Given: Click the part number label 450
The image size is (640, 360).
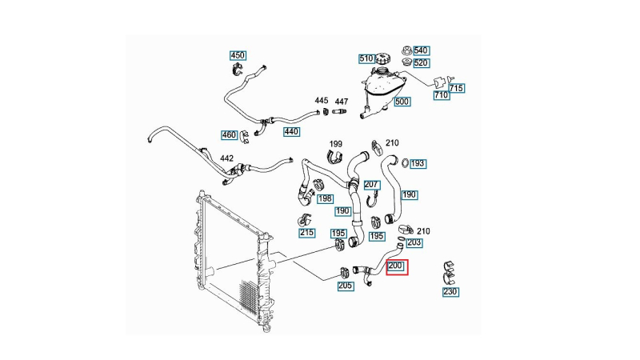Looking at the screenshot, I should pos(238,55).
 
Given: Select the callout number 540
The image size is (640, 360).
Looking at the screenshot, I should pos(421,50).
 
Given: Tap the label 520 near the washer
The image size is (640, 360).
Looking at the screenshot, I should pos(421,63).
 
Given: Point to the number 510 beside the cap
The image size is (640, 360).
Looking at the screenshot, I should pos(366,58).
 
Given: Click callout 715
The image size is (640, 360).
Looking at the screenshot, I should pos(457,88).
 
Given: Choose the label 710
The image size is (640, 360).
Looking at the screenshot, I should pos(441,95).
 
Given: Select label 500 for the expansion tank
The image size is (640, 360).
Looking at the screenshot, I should pos(402,102).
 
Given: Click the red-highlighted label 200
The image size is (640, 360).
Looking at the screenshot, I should pos(397,267).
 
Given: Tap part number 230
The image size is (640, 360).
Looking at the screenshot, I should pos(450,292).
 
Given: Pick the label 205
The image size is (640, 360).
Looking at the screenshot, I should pos(345,286).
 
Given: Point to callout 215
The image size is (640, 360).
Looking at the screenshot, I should pos(306,233).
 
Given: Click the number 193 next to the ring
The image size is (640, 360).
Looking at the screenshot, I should pos(418,163).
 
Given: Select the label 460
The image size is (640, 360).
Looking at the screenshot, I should pos(229,134).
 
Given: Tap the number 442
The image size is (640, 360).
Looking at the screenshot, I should pos(227,158).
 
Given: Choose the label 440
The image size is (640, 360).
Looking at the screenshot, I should pos(291,131).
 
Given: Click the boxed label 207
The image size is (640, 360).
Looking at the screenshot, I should pos(371,185).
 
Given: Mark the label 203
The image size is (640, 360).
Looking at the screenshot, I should pos(414,242).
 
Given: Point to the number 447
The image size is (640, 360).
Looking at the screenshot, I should pos(342,102).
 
